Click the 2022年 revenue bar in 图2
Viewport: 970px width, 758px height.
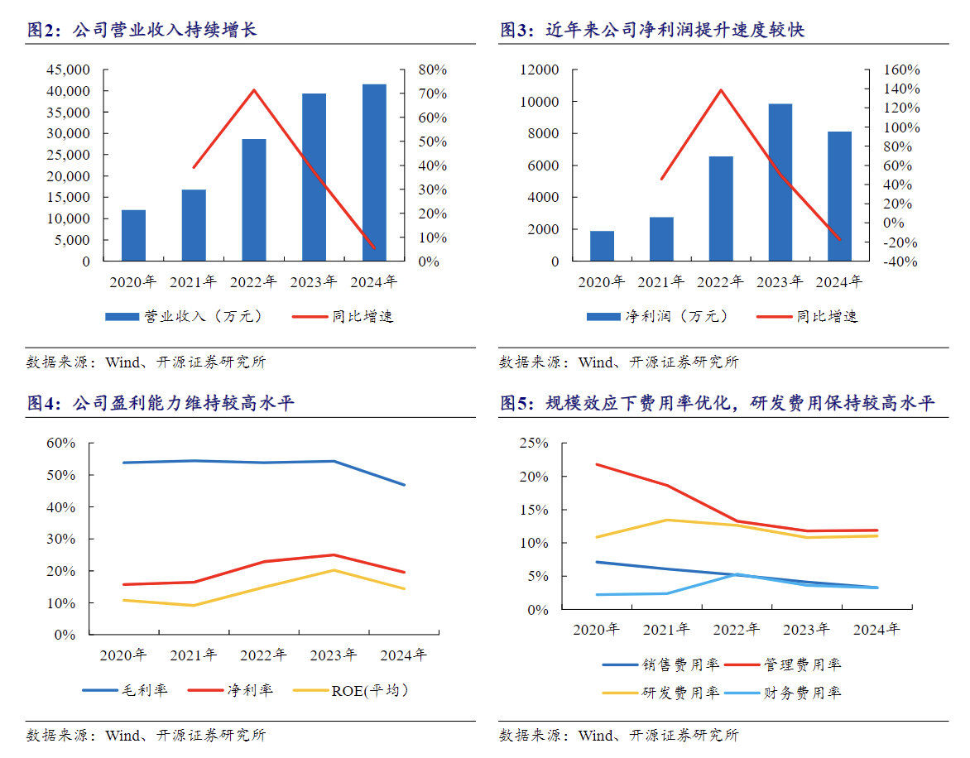click(254, 200)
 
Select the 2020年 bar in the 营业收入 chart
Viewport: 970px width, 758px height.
click(134, 236)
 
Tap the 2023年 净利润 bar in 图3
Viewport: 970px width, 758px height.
click(780, 182)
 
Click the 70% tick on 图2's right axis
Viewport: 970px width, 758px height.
click(432, 94)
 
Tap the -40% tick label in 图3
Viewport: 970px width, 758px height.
click(880, 261)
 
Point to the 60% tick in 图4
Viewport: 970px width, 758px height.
click(60, 444)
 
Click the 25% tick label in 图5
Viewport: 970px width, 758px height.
click(534, 444)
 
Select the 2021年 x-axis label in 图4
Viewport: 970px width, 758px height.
click(193, 655)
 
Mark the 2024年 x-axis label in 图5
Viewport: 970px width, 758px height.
click(876, 629)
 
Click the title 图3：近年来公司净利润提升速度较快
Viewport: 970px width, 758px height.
click(653, 30)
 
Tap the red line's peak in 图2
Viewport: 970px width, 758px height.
click(253, 89)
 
